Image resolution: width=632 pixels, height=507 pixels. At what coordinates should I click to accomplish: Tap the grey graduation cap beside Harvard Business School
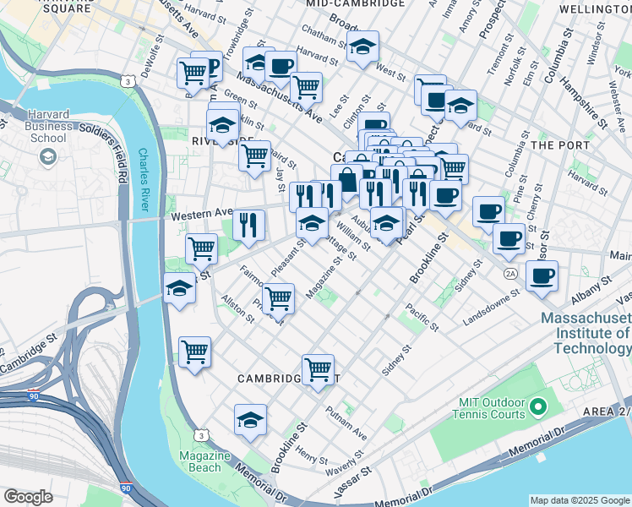(47, 156)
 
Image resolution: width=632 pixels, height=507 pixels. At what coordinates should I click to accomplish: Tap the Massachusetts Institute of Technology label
(586, 335)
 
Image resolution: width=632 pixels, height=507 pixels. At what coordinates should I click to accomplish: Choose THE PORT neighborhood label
(560, 145)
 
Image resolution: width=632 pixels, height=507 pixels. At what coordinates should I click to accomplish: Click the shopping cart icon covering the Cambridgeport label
(317, 368)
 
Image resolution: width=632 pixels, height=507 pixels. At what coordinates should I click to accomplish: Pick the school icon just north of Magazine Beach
(250, 420)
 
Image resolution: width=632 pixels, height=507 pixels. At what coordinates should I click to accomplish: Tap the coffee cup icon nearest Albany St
(542, 275)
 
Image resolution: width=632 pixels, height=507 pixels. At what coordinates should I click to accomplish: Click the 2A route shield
(509, 274)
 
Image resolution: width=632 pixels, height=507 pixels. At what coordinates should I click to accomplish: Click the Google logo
(28, 497)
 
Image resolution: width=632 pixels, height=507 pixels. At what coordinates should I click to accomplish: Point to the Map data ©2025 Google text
(579, 500)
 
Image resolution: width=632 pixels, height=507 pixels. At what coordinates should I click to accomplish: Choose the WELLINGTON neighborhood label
(595, 8)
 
